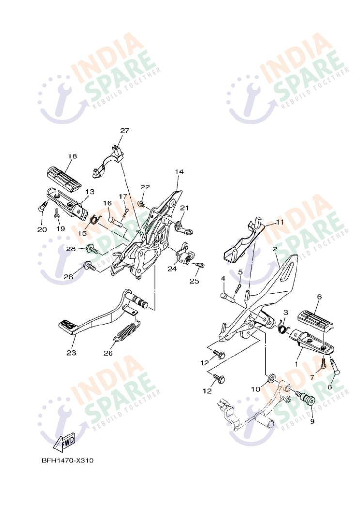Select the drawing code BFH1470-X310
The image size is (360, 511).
click(x=67, y=460)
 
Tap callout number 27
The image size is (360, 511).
click(x=125, y=131)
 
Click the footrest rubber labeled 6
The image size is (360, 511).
click(x=315, y=320)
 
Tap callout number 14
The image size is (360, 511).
click(x=179, y=171)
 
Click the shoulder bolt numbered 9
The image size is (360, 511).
click(x=306, y=400)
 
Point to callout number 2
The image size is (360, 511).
click(x=275, y=249)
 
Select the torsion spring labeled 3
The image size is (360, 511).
click(x=283, y=326)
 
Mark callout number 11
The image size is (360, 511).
click(x=280, y=222)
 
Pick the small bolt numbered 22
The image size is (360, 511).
click(x=141, y=204)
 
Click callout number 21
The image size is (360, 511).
click(x=185, y=208)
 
